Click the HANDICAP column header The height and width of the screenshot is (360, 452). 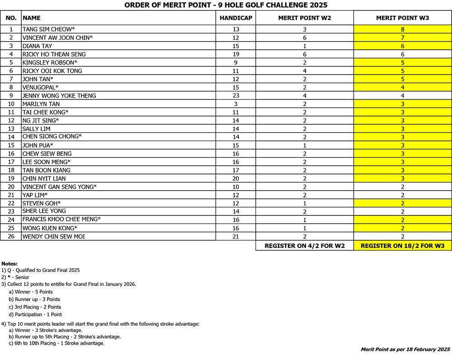(235, 18)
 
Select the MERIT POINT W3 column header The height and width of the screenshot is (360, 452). (402, 18)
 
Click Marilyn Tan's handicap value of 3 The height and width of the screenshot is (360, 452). (235, 104)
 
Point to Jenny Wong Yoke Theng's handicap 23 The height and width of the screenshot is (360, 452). (235, 96)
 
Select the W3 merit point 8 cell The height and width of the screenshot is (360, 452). (402, 29)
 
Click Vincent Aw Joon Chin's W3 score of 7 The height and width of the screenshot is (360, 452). (402, 37)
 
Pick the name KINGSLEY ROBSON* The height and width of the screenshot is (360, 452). (50, 62)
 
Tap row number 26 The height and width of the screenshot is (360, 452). (11, 236)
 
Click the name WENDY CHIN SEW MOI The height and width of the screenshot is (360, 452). (54, 236)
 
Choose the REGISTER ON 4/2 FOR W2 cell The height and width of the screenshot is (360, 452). (304, 246)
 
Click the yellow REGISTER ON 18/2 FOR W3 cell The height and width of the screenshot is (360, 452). (402, 246)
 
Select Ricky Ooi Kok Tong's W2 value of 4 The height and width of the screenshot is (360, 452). (304, 71)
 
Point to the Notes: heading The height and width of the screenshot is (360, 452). (9, 263)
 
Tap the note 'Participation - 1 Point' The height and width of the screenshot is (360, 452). (35, 314)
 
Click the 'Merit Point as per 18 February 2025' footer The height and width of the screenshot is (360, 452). (405, 349)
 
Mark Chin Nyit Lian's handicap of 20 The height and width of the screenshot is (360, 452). (235, 178)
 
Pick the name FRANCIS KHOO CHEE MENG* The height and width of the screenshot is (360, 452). (61, 220)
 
